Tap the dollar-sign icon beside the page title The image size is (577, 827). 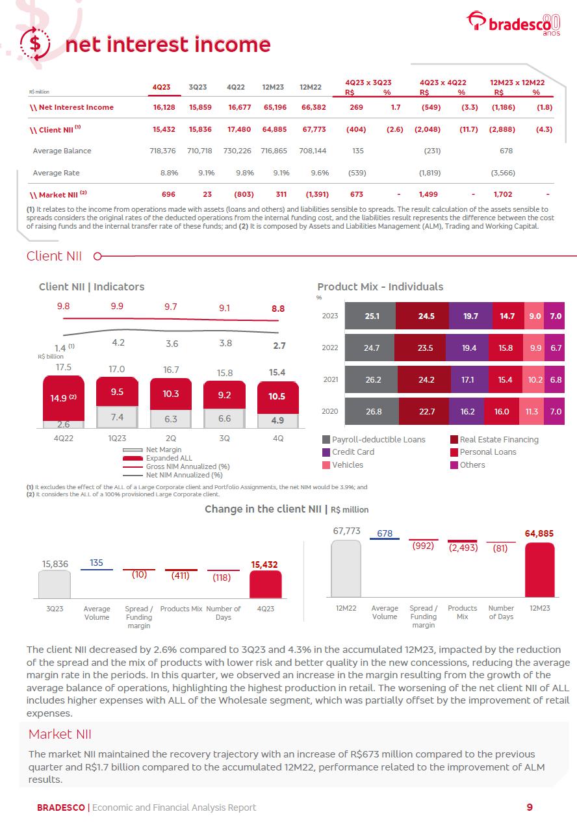tap(36, 44)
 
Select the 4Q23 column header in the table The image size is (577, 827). tap(161, 86)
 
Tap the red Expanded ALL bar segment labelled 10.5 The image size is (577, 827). tap(278, 396)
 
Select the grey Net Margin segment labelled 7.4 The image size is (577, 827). tap(117, 417)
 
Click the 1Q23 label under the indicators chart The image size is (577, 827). tap(117, 439)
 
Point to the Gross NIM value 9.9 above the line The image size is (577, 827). tap(117, 307)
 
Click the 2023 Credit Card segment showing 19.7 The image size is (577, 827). tap(470, 316)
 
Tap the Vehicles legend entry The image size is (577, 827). tap(347, 465)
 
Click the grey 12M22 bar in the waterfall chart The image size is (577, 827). tap(346, 569)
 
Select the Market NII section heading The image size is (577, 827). tap(60, 734)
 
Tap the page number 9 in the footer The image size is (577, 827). tap(530, 808)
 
